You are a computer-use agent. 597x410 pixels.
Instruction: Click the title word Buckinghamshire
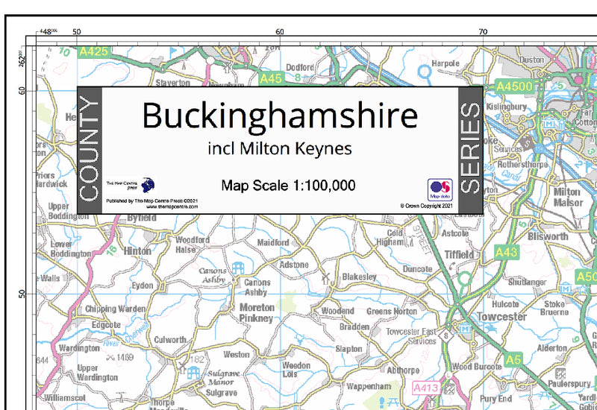280,116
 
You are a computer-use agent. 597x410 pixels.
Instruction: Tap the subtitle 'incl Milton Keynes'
280,148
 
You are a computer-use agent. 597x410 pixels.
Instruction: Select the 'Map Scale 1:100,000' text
288,185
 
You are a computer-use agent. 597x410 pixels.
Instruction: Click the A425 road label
94,51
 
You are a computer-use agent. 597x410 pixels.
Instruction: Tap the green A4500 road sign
515,86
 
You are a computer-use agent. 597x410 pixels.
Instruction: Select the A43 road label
506,253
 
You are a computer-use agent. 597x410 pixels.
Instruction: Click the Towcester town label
502,317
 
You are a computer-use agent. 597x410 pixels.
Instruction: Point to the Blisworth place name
548,236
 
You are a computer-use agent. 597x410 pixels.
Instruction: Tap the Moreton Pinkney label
256,312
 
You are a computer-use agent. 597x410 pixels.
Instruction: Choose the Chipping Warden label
116,309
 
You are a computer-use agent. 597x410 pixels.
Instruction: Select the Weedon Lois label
296,369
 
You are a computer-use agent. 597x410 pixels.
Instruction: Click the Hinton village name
138,251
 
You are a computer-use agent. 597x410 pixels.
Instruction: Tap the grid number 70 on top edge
483,31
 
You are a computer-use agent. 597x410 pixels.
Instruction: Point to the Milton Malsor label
567,197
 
